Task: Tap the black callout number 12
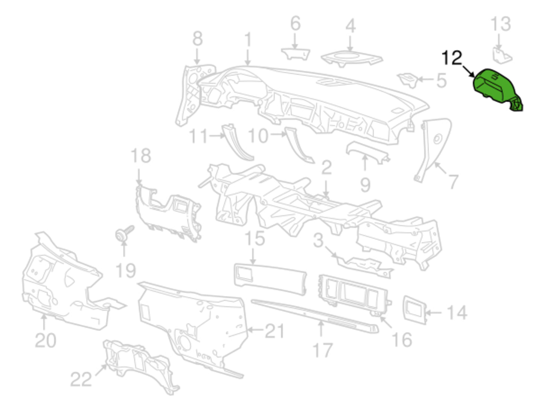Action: click(451, 58)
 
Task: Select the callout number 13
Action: click(501, 23)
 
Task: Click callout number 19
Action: click(125, 270)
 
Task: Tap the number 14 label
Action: click(457, 312)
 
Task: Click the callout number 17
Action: click(322, 350)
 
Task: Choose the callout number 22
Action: click(81, 379)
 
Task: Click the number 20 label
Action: click(46, 340)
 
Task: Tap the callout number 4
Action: click(350, 26)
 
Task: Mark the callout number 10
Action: click(258, 135)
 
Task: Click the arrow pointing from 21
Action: click(256, 330)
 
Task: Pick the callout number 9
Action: click(365, 184)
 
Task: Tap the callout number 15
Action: click(254, 238)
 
